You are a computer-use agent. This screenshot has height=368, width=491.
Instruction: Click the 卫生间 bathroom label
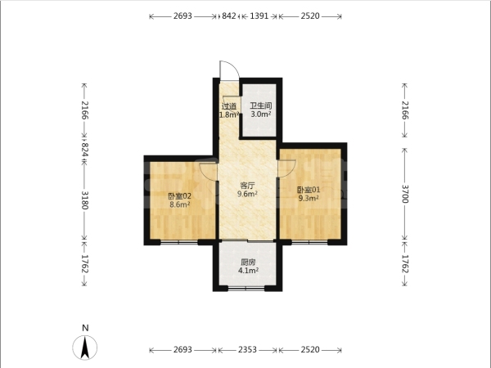pos(260,105)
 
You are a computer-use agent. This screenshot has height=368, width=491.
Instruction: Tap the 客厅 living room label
pos(247,186)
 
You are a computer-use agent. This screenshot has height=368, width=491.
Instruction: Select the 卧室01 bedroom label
pos(309,190)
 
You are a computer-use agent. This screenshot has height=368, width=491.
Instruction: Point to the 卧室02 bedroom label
pos(179,196)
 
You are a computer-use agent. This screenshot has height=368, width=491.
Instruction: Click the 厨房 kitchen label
pos(248,263)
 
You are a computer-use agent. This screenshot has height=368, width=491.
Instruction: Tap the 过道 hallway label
pos(229,106)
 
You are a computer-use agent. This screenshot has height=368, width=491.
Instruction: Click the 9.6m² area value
pos(247,194)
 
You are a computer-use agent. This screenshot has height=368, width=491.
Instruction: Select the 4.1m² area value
pos(248,271)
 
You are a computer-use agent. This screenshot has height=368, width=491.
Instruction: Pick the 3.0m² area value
pos(260,114)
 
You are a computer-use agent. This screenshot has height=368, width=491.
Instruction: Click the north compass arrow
pos(85,348)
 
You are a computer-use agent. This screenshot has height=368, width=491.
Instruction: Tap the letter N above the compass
pos(85,328)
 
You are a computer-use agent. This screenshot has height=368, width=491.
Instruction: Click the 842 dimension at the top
pos(229,16)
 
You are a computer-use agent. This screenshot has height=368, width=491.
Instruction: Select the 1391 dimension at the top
pos(259,16)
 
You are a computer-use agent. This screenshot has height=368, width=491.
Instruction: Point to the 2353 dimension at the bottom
pos(247,349)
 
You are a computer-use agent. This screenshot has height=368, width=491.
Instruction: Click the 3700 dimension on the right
pos(405,194)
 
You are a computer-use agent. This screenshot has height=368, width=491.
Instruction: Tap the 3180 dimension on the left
pos(85,200)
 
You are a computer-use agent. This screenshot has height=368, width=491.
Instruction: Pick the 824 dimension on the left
pos(85,150)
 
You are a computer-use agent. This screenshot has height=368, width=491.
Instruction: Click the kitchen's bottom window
pos(246,288)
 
